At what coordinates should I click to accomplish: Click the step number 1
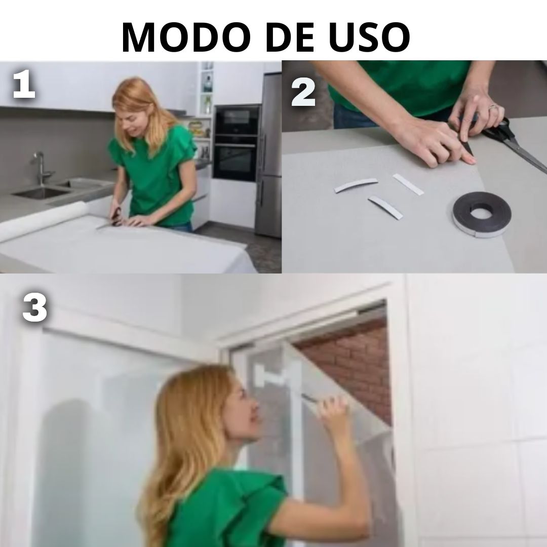[x=24, y=85]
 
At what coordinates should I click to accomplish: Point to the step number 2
[x=303, y=92]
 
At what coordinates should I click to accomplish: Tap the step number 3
[x=34, y=307]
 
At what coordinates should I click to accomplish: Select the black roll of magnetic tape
[x=482, y=214]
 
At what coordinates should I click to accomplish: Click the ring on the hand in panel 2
[x=492, y=107]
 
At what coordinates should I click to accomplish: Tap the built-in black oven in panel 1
[x=237, y=143]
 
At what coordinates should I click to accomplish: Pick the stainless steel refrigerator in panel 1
[x=268, y=153]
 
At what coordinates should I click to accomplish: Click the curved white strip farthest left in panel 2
[x=356, y=185]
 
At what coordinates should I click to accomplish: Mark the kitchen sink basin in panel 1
[x=42, y=192]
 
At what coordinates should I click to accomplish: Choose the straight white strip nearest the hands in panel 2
[x=408, y=184]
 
